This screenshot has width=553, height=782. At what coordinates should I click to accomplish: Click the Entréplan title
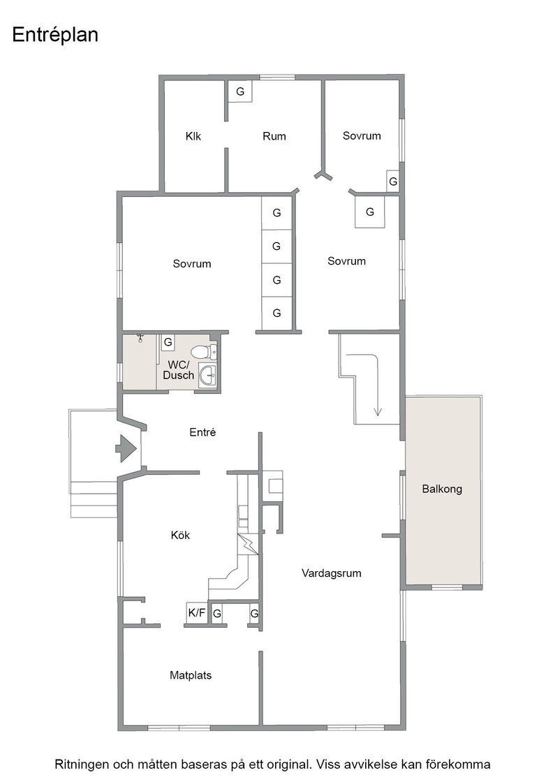[55, 36]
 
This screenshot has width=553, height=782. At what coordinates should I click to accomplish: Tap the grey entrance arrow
[126, 448]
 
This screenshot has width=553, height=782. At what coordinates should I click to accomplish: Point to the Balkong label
[442, 489]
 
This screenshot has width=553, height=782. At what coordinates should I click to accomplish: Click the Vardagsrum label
[331, 573]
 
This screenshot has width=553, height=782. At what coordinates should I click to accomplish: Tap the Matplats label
[191, 675]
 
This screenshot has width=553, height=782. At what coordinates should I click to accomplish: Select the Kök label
[181, 535]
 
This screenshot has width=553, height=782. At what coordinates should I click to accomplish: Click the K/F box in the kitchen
[197, 613]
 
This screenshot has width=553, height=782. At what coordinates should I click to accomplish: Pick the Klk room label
[193, 136]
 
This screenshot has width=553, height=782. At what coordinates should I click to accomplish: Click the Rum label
[274, 136]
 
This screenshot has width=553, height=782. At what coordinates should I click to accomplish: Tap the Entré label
[202, 432]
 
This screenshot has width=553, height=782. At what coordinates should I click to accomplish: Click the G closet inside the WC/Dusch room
[168, 342]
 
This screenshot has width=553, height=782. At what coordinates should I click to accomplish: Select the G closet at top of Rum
[240, 91]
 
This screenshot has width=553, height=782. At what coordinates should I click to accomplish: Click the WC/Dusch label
[178, 370]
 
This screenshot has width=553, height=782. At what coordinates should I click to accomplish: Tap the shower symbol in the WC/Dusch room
[141, 338]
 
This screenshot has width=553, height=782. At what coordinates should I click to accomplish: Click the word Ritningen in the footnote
[81, 765]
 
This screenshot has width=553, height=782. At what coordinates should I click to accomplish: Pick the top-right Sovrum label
[362, 135]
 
